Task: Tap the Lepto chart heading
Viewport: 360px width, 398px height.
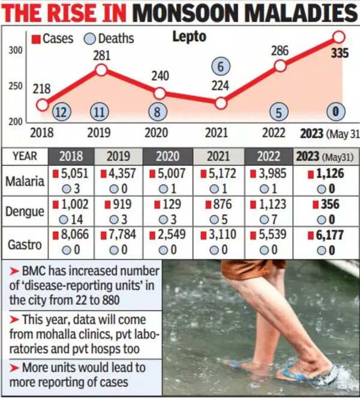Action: pyautogui.click(x=189, y=37)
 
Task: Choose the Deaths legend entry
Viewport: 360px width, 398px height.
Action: pyautogui.click(x=110, y=38)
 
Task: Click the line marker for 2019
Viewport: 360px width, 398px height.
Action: pyautogui.click(x=101, y=70)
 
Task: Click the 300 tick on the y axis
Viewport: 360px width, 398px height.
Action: pyautogui.click(x=16, y=51)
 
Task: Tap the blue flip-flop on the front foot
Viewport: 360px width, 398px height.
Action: pyautogui.click(x=306, y=375)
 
